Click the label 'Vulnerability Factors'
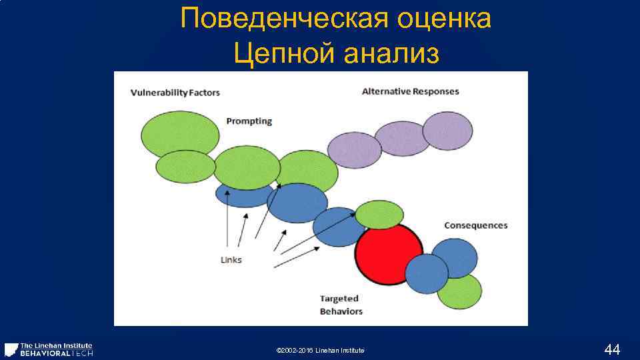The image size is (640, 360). pyautogui.click(x=175, y=92)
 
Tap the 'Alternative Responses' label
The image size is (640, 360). pyautogui.click(x=410, y=91)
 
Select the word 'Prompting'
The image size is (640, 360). pyautogui.click(x=249, y=121)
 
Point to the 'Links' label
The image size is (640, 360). pyautogui.click(x=231, y=260)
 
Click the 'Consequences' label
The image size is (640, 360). pyautogui.click(x=475, y=225)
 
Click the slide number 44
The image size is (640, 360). pyautogui.click(x=611, y=349)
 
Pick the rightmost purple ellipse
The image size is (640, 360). pyautogui.click(x=447, y=131)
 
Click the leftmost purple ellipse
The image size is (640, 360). pyautogui.click(x=354, y=149)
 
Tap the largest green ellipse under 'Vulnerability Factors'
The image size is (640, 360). pyautogui.click(x=179, y=134)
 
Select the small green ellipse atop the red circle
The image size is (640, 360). pyautogui.click(x=379, y=215)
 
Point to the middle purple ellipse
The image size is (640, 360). pyautogui.click(x=401, y=138)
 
